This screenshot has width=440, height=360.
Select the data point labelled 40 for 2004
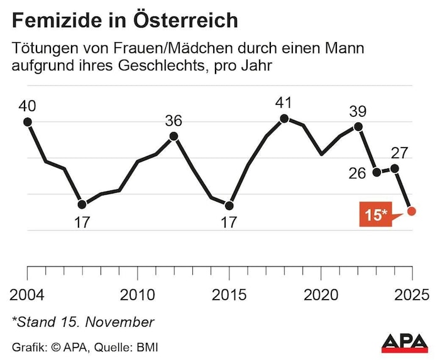[x=27, y=122]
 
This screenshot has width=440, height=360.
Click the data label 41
[x=284, y=102]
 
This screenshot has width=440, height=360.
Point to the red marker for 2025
[x=412, y=211]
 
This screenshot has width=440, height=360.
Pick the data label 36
[x=174, y=119]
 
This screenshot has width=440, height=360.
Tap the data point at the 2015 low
[x=229, y=205]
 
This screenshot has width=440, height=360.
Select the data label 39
[x=358, y=111]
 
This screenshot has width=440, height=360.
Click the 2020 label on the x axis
[x=321, y=294]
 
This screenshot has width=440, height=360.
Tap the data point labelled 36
[x=174, y=136]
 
